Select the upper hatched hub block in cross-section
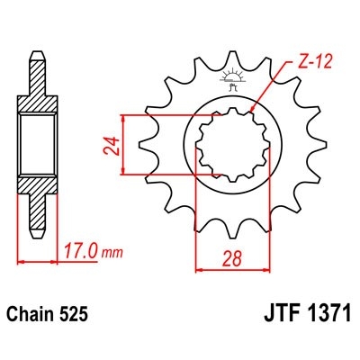(36, 101)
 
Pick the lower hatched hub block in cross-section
(36, 189)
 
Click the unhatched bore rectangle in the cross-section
(36, 144)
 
